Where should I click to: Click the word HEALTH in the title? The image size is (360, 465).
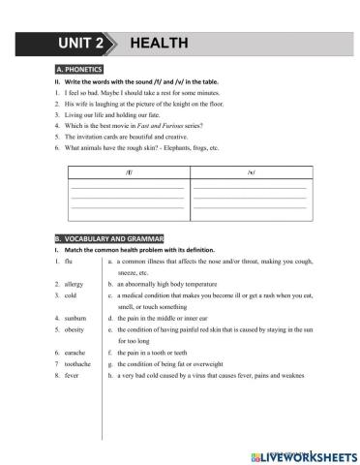pyautogui.click(x=158, y=44)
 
